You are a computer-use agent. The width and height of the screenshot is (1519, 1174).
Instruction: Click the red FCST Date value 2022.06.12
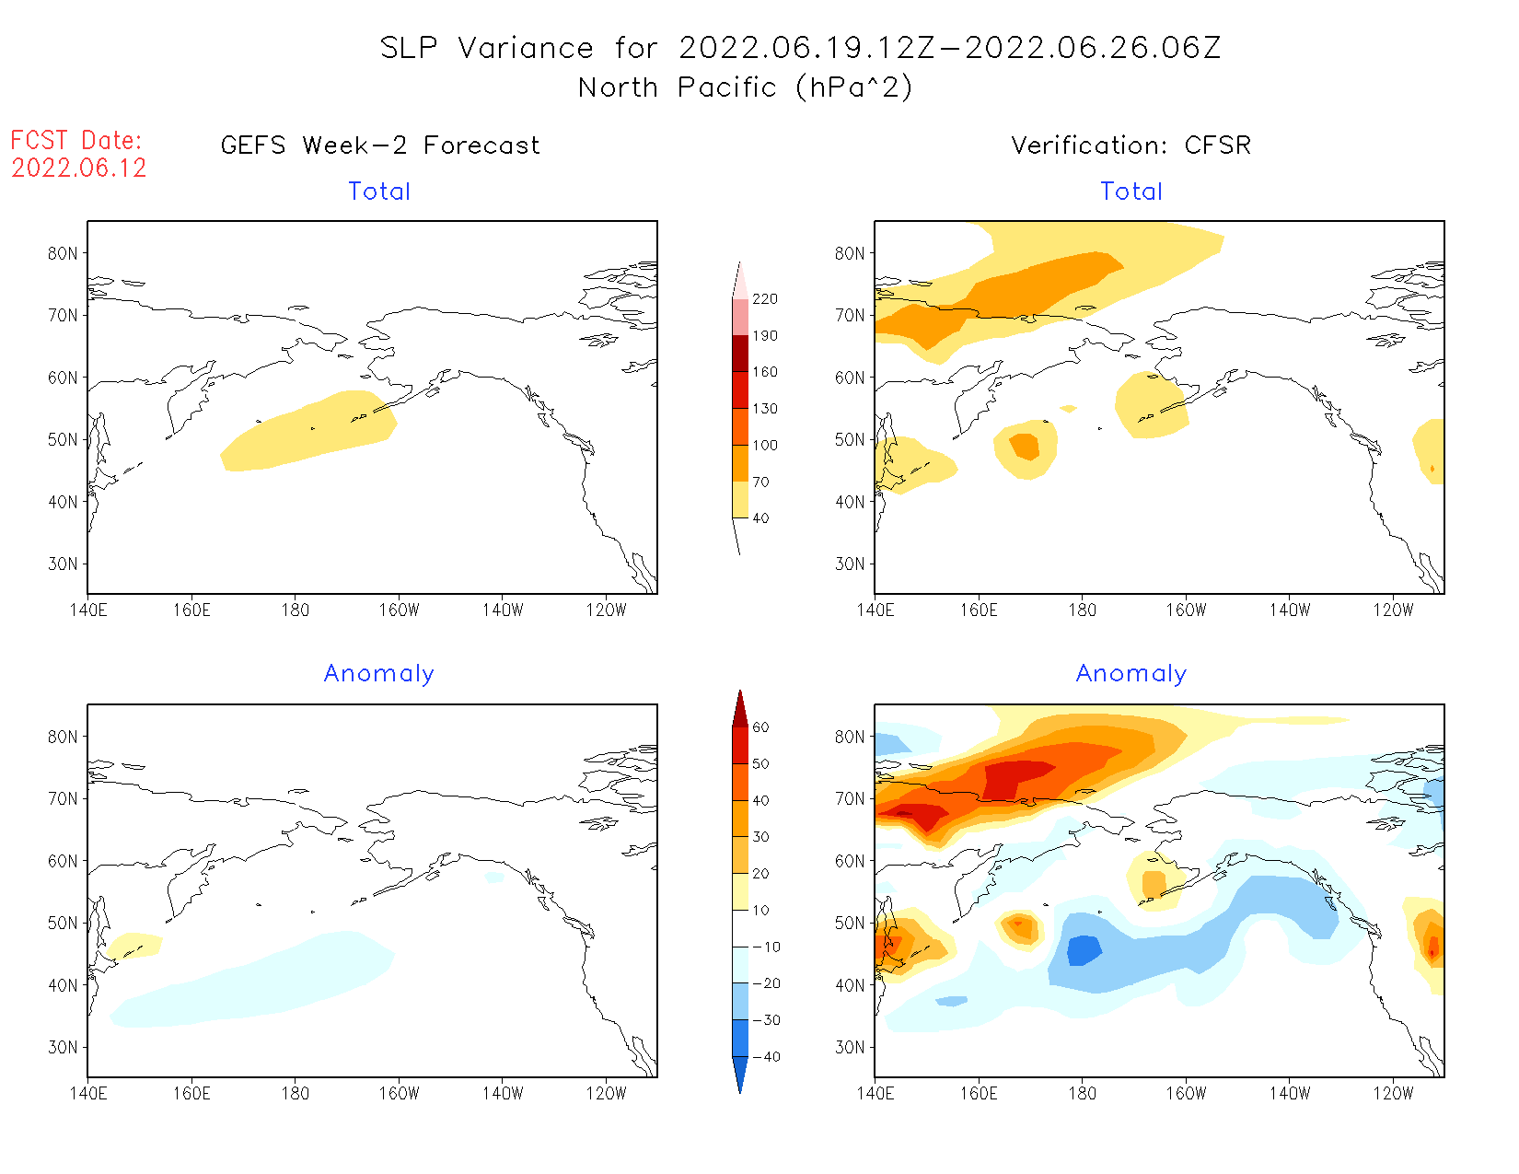79,168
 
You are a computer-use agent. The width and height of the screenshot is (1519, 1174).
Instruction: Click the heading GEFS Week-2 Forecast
380,145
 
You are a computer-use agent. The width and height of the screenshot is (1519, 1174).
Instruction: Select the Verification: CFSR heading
1131,145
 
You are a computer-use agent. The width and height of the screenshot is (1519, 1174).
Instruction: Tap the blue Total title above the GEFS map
379,192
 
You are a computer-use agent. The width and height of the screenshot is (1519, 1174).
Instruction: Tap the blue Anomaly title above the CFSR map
1131,674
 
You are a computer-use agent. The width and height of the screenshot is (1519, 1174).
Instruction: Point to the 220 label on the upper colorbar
765,299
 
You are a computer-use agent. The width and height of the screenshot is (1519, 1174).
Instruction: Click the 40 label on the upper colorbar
760,518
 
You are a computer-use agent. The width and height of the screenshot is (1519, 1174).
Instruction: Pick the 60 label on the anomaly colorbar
760,727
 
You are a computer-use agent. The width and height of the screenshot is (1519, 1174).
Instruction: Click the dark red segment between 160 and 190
740,354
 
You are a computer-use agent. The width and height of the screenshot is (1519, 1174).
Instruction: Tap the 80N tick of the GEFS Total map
63,253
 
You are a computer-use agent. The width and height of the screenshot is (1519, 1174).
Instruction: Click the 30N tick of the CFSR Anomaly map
850,1048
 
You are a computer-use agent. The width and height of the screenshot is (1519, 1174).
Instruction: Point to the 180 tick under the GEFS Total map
295,610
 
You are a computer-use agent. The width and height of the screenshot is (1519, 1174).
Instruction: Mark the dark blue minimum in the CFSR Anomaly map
1084,950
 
